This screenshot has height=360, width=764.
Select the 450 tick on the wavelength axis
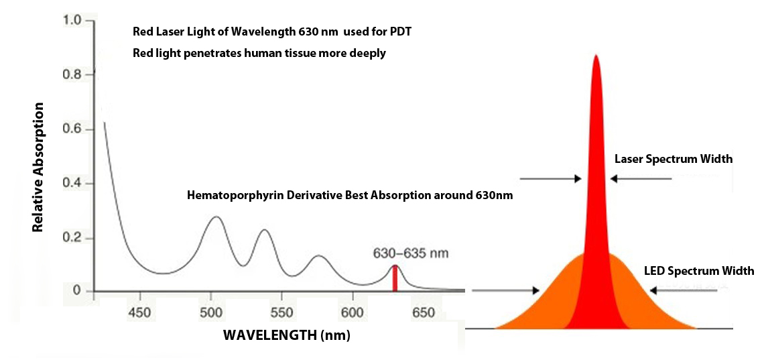coord(139,313)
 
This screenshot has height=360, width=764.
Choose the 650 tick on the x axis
coord(423,313)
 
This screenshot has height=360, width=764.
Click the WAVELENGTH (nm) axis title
coord(287,334)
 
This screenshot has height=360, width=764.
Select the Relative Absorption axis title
coord(38,167)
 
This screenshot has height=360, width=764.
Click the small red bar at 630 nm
coord(395,278)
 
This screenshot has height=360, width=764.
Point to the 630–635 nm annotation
coord(410,253)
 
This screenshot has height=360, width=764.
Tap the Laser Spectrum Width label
coord(674,160)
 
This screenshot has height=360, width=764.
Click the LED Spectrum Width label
coord(699,272)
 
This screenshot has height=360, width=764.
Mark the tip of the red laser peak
coord(595,56)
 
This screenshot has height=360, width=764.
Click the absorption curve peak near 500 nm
coord(215,217)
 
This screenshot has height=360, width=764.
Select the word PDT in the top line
coord(409,32)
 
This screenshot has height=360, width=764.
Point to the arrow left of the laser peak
coord(550,178)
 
